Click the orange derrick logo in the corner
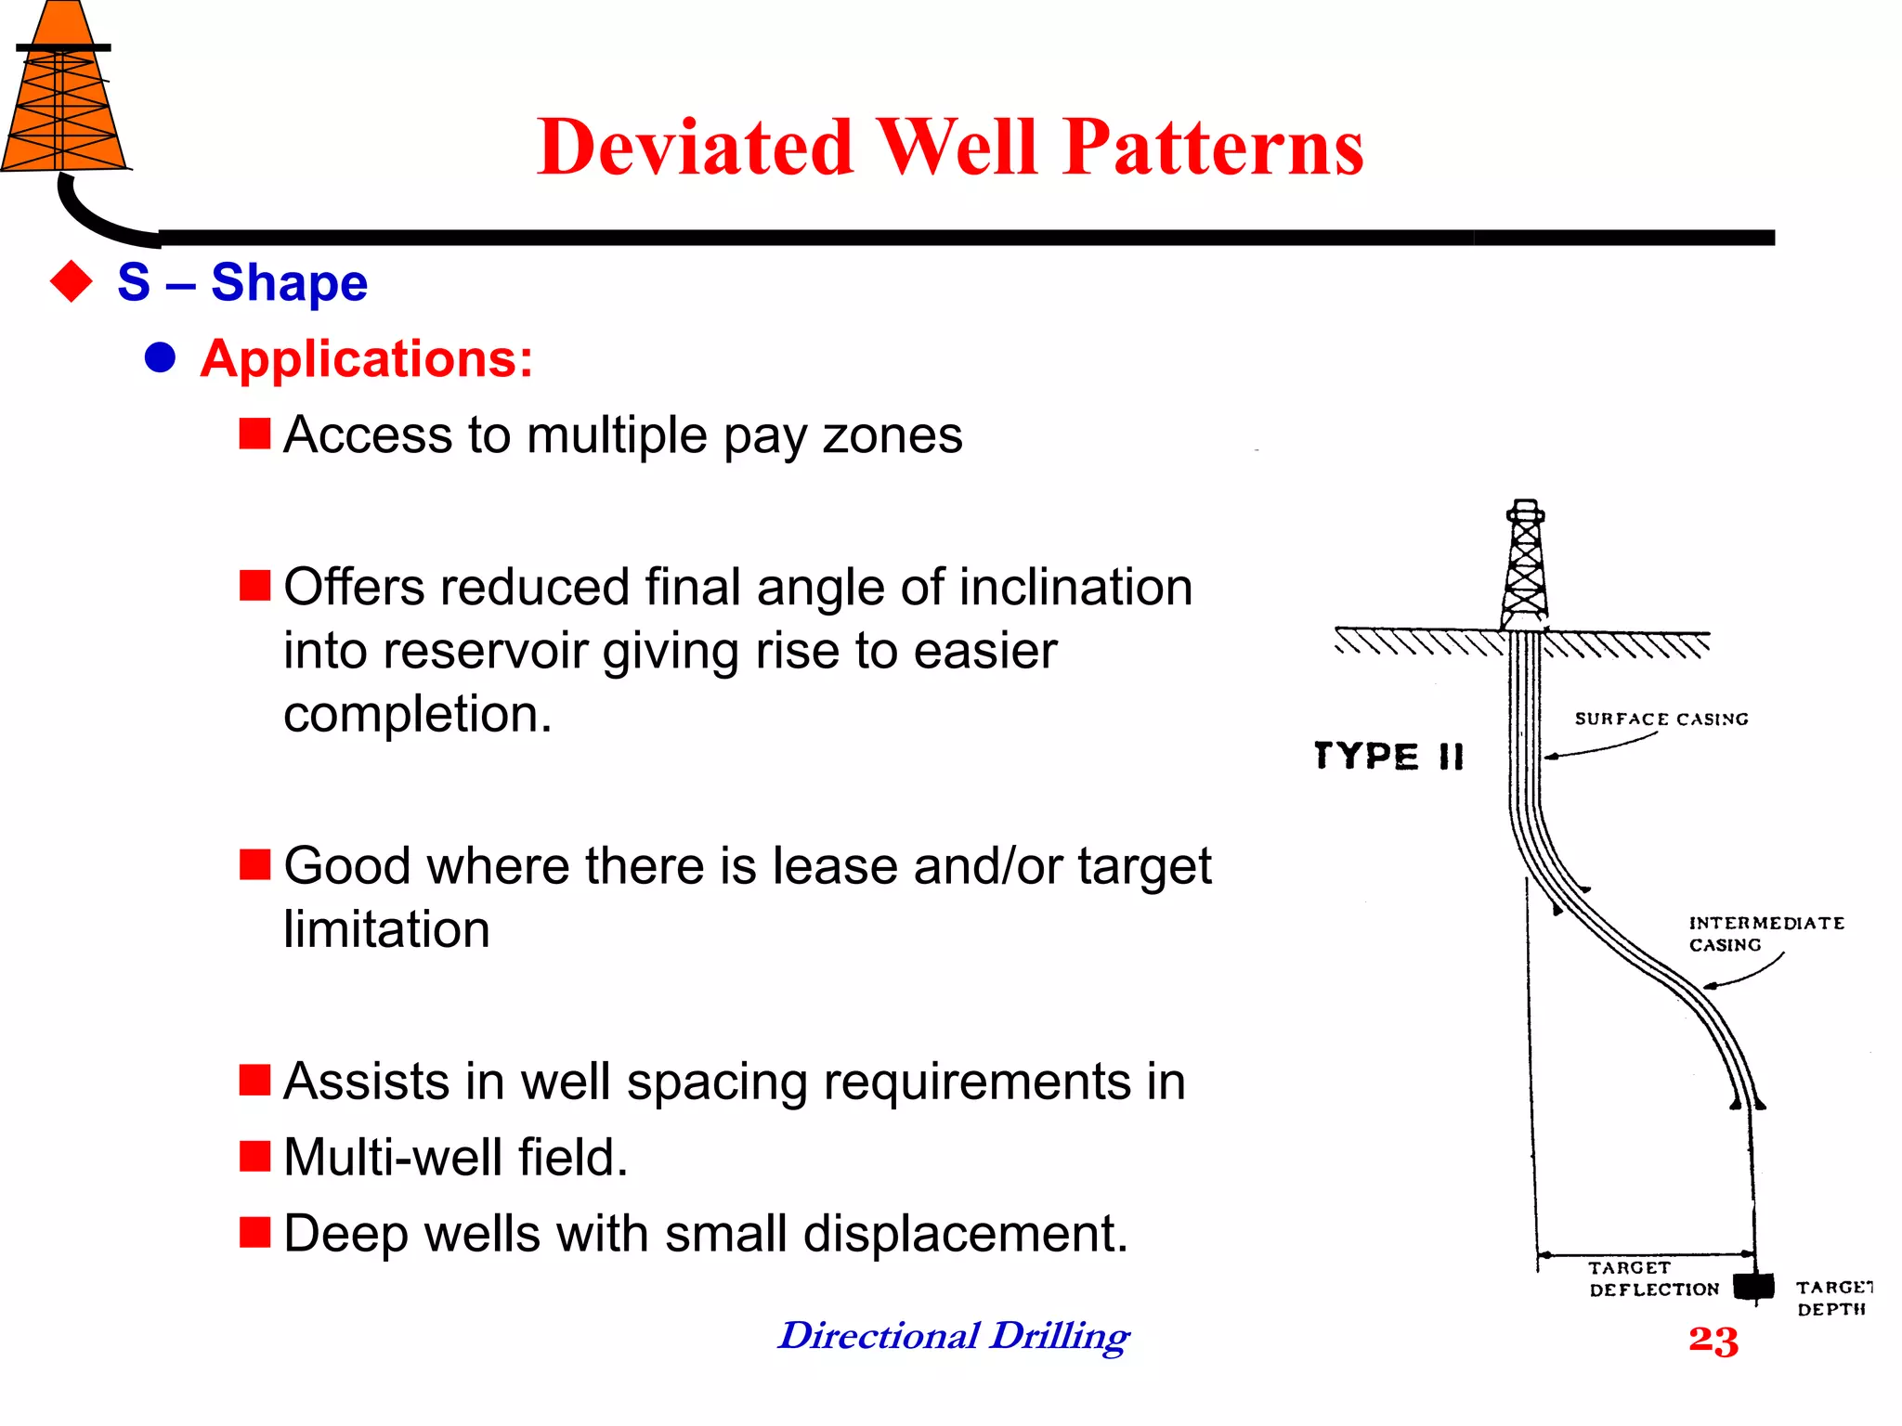(63, 93)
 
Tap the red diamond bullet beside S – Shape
(72, 282)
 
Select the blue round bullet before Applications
(161, 358)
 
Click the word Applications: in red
(367, 358)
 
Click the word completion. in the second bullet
(417, 714)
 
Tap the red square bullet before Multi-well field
(254, 1157)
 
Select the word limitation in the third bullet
(386, 929)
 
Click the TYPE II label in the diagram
(1389, 756)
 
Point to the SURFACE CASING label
(1661, 719)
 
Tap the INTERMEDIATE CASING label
(1765, 933)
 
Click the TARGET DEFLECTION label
(1652, 1278)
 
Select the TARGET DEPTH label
(1832, 1298)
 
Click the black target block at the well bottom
(1753, 1287)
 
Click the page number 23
(1713, 1340)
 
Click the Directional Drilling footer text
(954, 1336)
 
